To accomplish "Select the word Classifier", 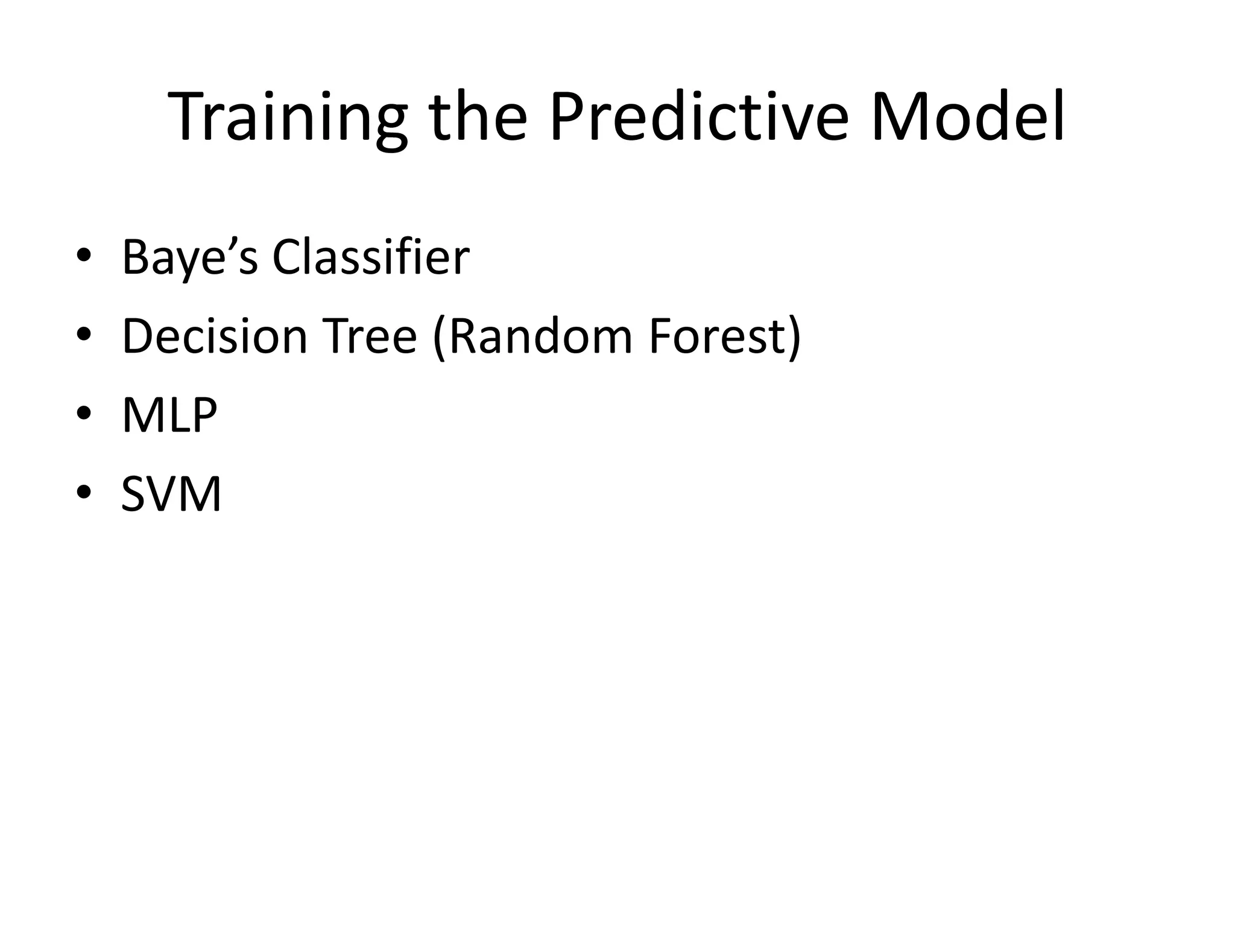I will click(x=370, y=257).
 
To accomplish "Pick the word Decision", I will click(x=215, y=336).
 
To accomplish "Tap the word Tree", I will click(x=370, y=336).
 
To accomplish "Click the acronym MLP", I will click(x=169, y=415).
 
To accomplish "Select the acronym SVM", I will click(x=171, y=494).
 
